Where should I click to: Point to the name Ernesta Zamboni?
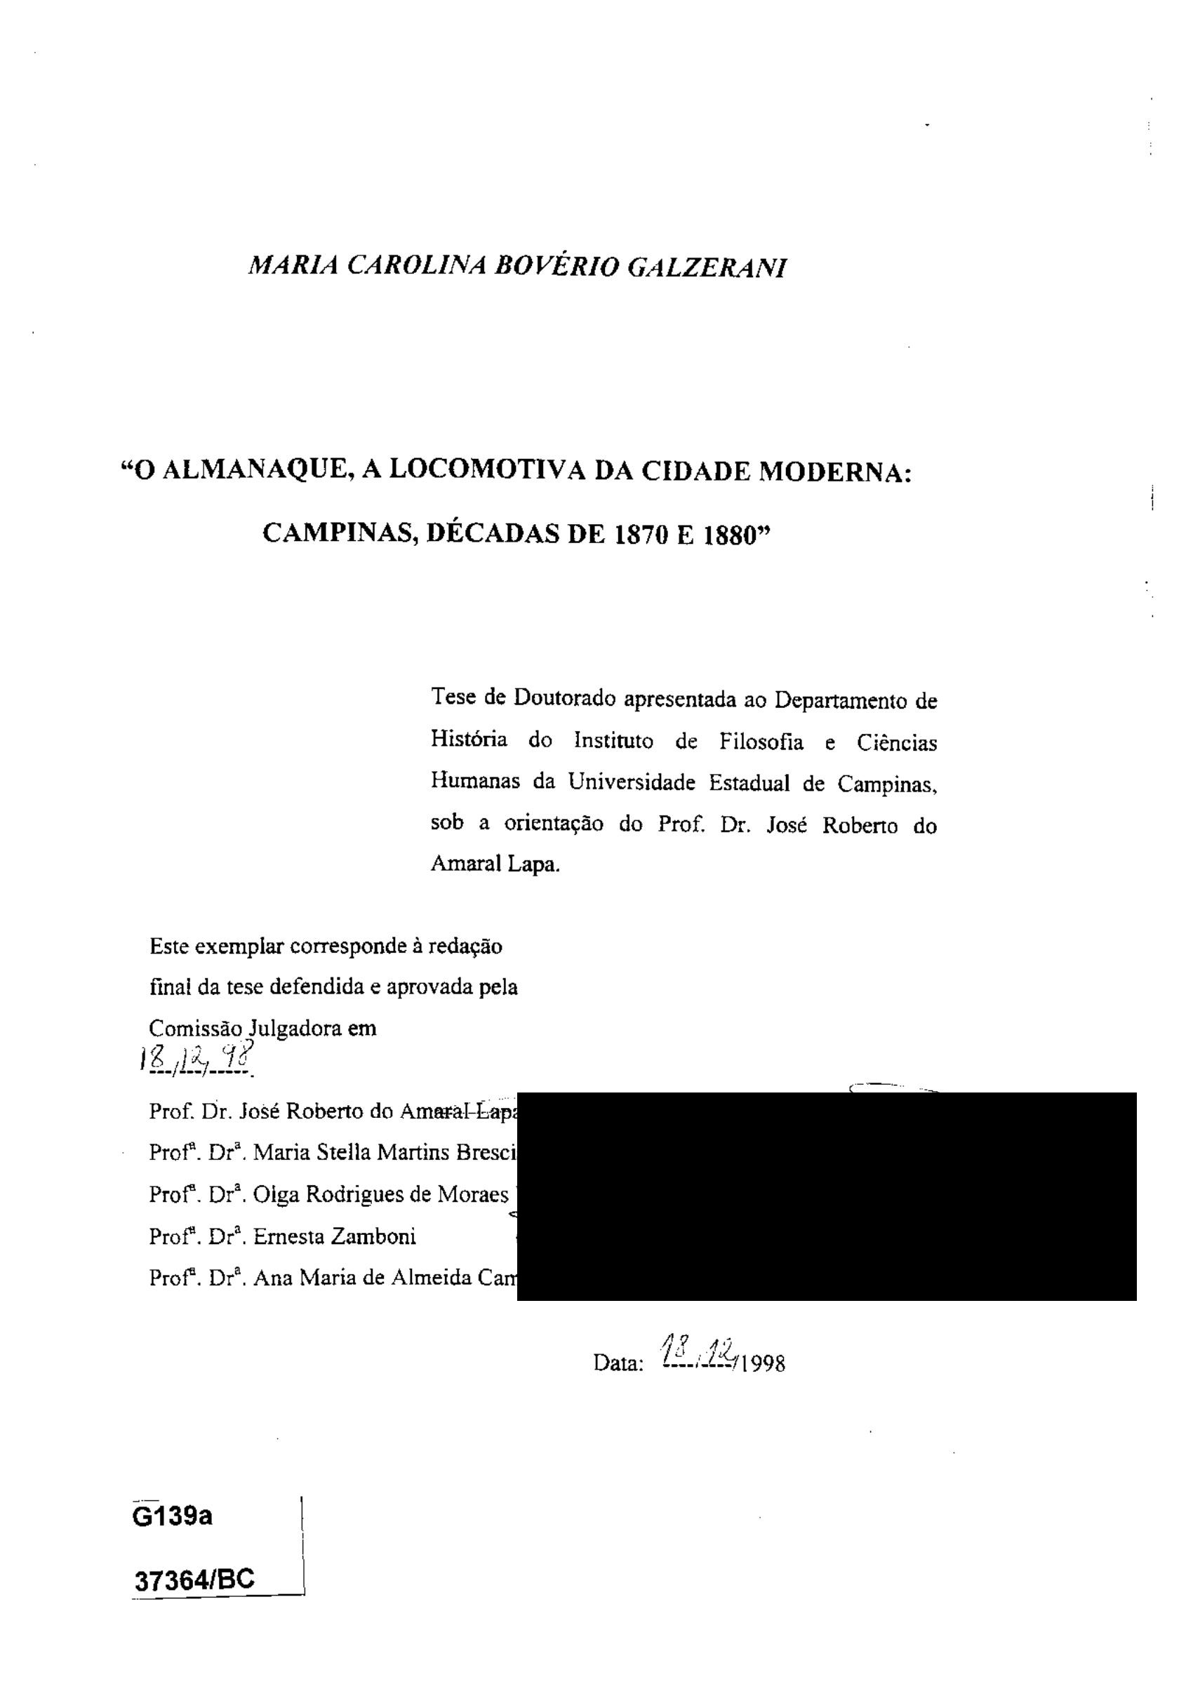pos(334,1238)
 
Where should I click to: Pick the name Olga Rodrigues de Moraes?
pos(380,1195)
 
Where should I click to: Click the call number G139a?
pos(172,1515)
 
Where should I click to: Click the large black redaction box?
pos(827,1196)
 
